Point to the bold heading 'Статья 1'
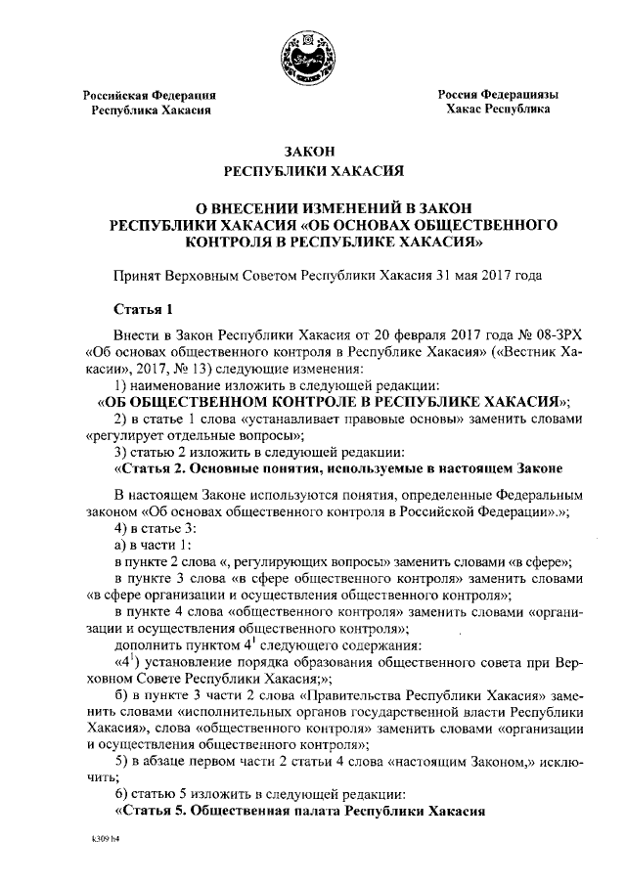pos(143,309)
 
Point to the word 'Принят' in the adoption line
pos(137,277)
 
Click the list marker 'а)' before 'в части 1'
pos(121,545)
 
